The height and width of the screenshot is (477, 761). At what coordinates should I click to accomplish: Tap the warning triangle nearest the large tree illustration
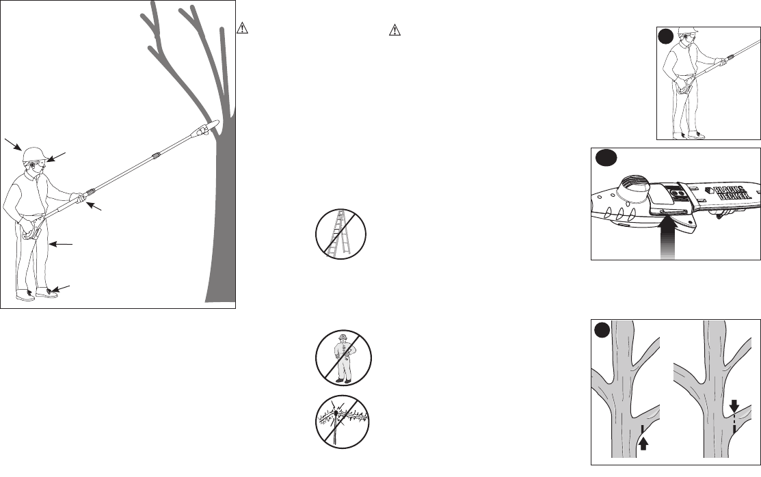pyautogui.click(x=241, y=29)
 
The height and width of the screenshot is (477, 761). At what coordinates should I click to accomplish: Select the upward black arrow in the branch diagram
pyautogui.click(x=642, y=444)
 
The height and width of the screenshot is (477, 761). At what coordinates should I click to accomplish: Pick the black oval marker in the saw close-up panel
pyautogui.click(x=606, y=158)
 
